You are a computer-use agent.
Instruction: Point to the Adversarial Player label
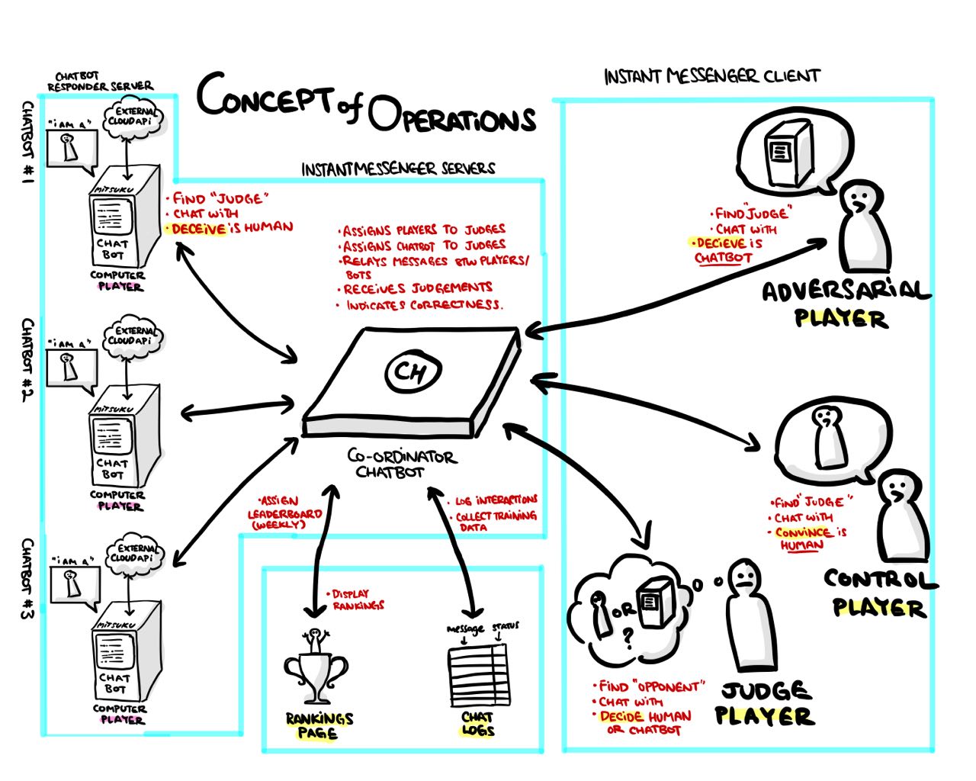[845, 304]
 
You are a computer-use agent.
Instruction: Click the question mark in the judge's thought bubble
[628, 639]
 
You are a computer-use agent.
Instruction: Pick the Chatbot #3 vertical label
[27, 579]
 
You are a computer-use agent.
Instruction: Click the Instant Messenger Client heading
[711, 76]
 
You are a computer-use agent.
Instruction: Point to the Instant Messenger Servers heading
[398, 169]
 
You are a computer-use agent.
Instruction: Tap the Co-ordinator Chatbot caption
[401, 463]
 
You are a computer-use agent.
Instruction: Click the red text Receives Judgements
[417, 288]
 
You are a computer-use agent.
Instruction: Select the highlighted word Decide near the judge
[621, 716]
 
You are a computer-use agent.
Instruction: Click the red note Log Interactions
[496, 500]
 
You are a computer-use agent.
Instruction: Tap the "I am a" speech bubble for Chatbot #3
[73, 584]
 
